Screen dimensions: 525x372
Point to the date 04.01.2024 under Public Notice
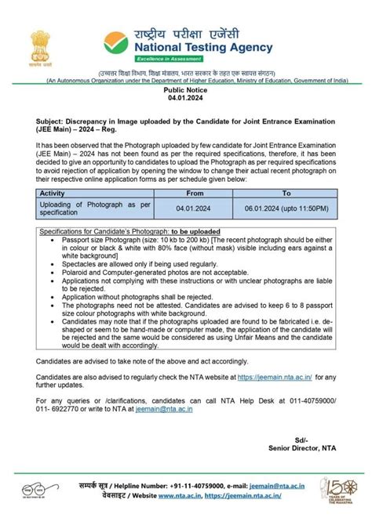(x=184, y=100)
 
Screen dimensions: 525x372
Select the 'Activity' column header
(x=53, y=192)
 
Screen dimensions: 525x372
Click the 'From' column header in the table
(x=195, y=192)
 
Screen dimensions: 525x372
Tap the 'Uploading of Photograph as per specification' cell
(x=94, y=207)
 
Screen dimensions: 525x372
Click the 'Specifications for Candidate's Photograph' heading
(x=118, y=232)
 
